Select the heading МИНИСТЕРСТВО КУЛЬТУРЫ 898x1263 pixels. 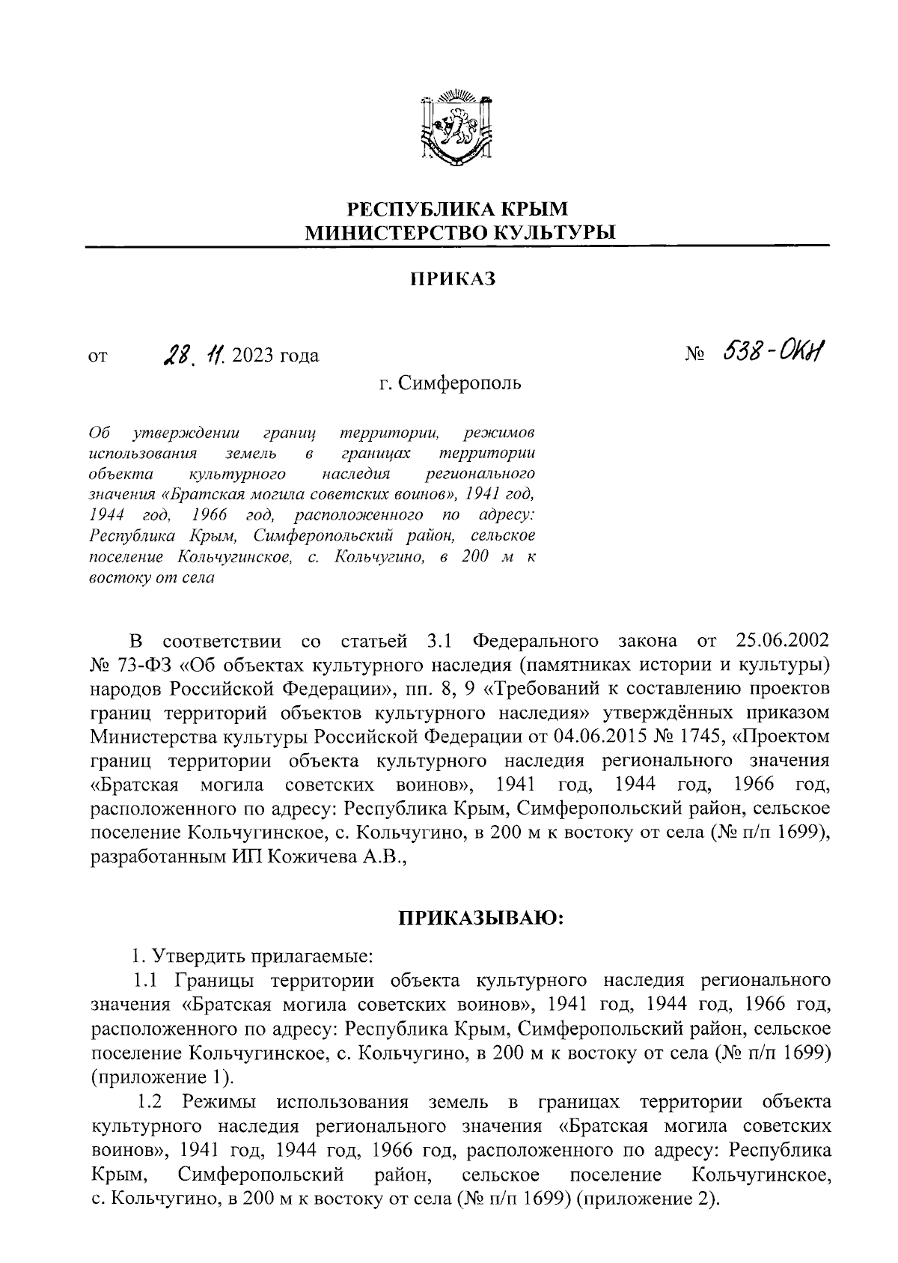tap(459, 232)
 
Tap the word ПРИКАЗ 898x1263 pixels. tap(453, 280)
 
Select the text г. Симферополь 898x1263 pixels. tap(450, 385)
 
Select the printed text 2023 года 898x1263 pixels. tap(275, 355)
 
